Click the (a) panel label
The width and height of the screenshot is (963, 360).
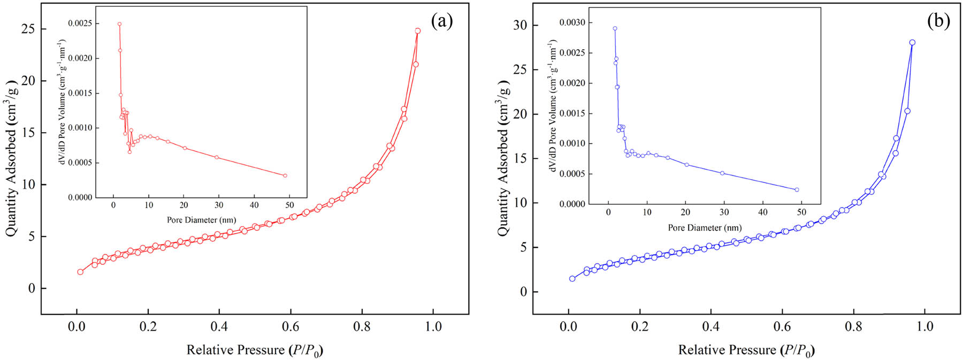pyautogui.click(x=442, y=21)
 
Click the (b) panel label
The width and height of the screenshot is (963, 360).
pyautogui.click(x=938, y=21)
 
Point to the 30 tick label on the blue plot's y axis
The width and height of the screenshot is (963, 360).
pyautogui.click(x=519, y=25)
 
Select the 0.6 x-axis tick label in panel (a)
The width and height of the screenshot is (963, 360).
pyautogui.click(x=291, y=326)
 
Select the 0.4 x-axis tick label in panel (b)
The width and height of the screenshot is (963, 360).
pyautogui.click(x=711, y=326)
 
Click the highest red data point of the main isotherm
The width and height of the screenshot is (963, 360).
pyautogui.click(x=418, y=31)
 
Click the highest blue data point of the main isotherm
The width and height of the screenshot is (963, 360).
pyautogui.click(x=912, y=43)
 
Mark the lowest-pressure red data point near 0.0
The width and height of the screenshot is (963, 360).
pyautogui.click(x=80, y=272)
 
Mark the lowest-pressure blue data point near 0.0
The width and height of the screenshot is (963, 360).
pyautogui.click(x=572, y=279)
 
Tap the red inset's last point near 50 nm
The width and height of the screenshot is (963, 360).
pyautogui.click(x=285, y=175)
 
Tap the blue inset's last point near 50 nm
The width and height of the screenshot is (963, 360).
pyautogui.click(x=797, y=189)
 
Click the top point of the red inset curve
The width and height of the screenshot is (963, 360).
pyautogui.click(x=119, y=24)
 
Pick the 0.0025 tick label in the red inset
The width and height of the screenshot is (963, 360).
pyautogui.click(x=79, y=24)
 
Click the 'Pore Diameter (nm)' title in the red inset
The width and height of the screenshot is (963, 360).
pyautogui.click(x=201, y=220)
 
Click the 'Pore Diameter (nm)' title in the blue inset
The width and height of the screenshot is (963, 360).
pyautogui.click(x=705, y=228)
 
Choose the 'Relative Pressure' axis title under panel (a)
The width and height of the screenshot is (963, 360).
pyautogui.click(x=255, y=350)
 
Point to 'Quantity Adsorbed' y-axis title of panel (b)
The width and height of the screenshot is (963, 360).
pyautogui.click(x=503, y=158)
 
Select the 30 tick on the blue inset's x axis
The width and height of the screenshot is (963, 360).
pyautogui.click(x=724, y=212)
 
